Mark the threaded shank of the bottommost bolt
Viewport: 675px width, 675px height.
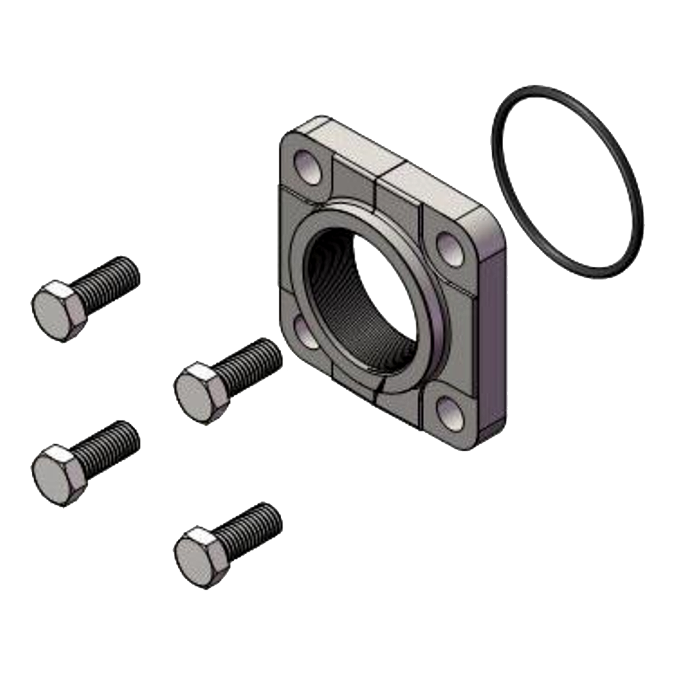pyautogui.click(x=252, y=527)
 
